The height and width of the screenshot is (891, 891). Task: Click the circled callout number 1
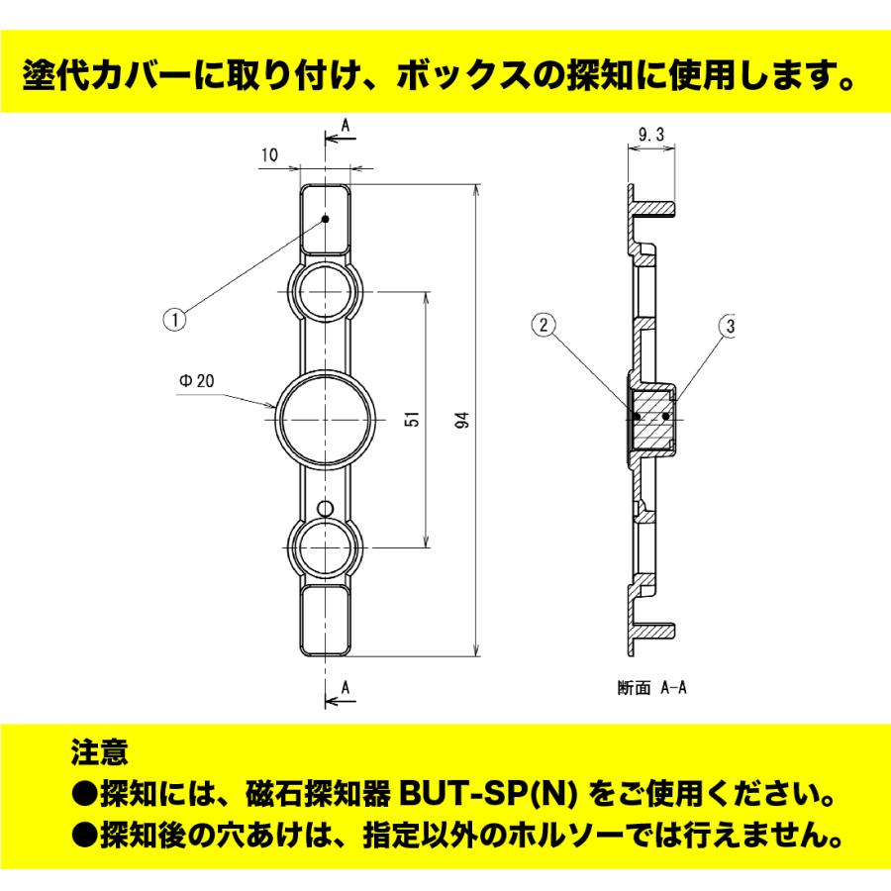[174, 319]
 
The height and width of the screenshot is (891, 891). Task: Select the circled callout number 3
[730, 325]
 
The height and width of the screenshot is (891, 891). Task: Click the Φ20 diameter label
[197, 379]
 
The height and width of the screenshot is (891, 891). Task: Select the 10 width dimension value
[270, 154]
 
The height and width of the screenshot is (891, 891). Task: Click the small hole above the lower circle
[326, 508]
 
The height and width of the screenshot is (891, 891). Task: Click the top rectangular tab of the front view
[326, 220]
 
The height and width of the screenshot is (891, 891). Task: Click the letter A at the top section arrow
[345, 126]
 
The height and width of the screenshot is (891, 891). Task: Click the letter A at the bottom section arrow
[345, 686]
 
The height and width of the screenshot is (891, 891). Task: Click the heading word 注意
[99, 753]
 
